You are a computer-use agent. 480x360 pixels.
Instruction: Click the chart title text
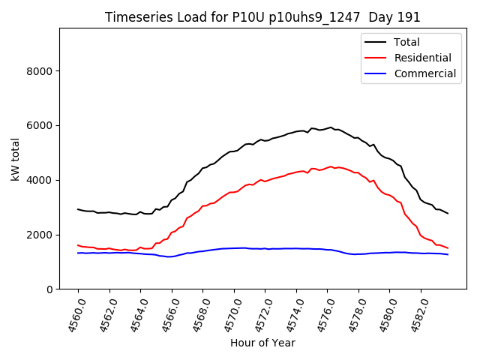click(x=262, y=17)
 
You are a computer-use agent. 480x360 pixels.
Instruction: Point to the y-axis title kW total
click(x=15, y=158)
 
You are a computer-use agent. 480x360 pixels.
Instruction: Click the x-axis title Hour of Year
click(x=262, y=343)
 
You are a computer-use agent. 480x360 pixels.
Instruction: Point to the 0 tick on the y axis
click(x=49, y=289)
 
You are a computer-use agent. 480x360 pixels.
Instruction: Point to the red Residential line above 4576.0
click(x=328, y=167)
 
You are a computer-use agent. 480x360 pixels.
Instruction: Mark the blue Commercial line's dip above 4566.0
click(x=171, y=256)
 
